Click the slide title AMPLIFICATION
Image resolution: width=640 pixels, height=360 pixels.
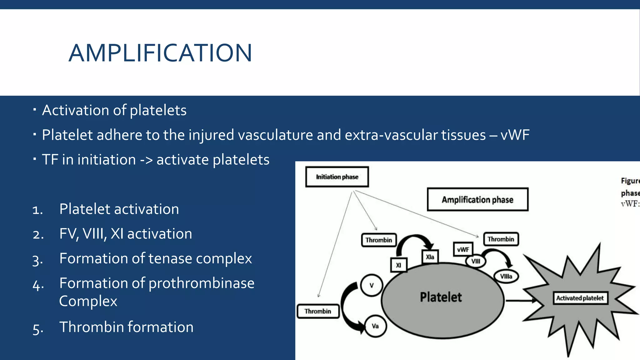tap(160, 53)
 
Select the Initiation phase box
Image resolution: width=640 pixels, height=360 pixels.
tap(337, 177)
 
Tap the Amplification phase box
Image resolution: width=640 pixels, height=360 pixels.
tap(477, 200)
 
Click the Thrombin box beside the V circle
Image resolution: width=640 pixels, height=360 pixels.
tap(318, 311)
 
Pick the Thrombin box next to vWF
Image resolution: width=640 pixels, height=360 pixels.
tap(501, 239)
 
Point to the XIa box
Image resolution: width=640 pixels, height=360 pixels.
tap(430, 257)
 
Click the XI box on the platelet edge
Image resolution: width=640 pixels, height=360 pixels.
tap(398, 265)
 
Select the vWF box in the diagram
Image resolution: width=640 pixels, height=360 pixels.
tap(463, 249)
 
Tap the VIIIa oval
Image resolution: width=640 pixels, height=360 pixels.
tap(506, 276)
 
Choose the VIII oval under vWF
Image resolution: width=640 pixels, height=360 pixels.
tap(476, 261)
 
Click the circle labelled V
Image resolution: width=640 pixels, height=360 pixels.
tap(371, 285)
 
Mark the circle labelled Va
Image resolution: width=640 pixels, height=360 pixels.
tap(375, 326)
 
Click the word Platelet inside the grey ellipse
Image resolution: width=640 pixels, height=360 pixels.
tap(441, 297)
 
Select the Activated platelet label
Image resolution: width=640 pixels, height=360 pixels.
tap(580, 298)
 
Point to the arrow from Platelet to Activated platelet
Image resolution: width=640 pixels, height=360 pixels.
tap(520, 301)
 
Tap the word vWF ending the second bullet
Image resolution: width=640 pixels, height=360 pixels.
tap(515, 135)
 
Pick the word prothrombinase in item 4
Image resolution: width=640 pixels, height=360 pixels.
tap(201, 283)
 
